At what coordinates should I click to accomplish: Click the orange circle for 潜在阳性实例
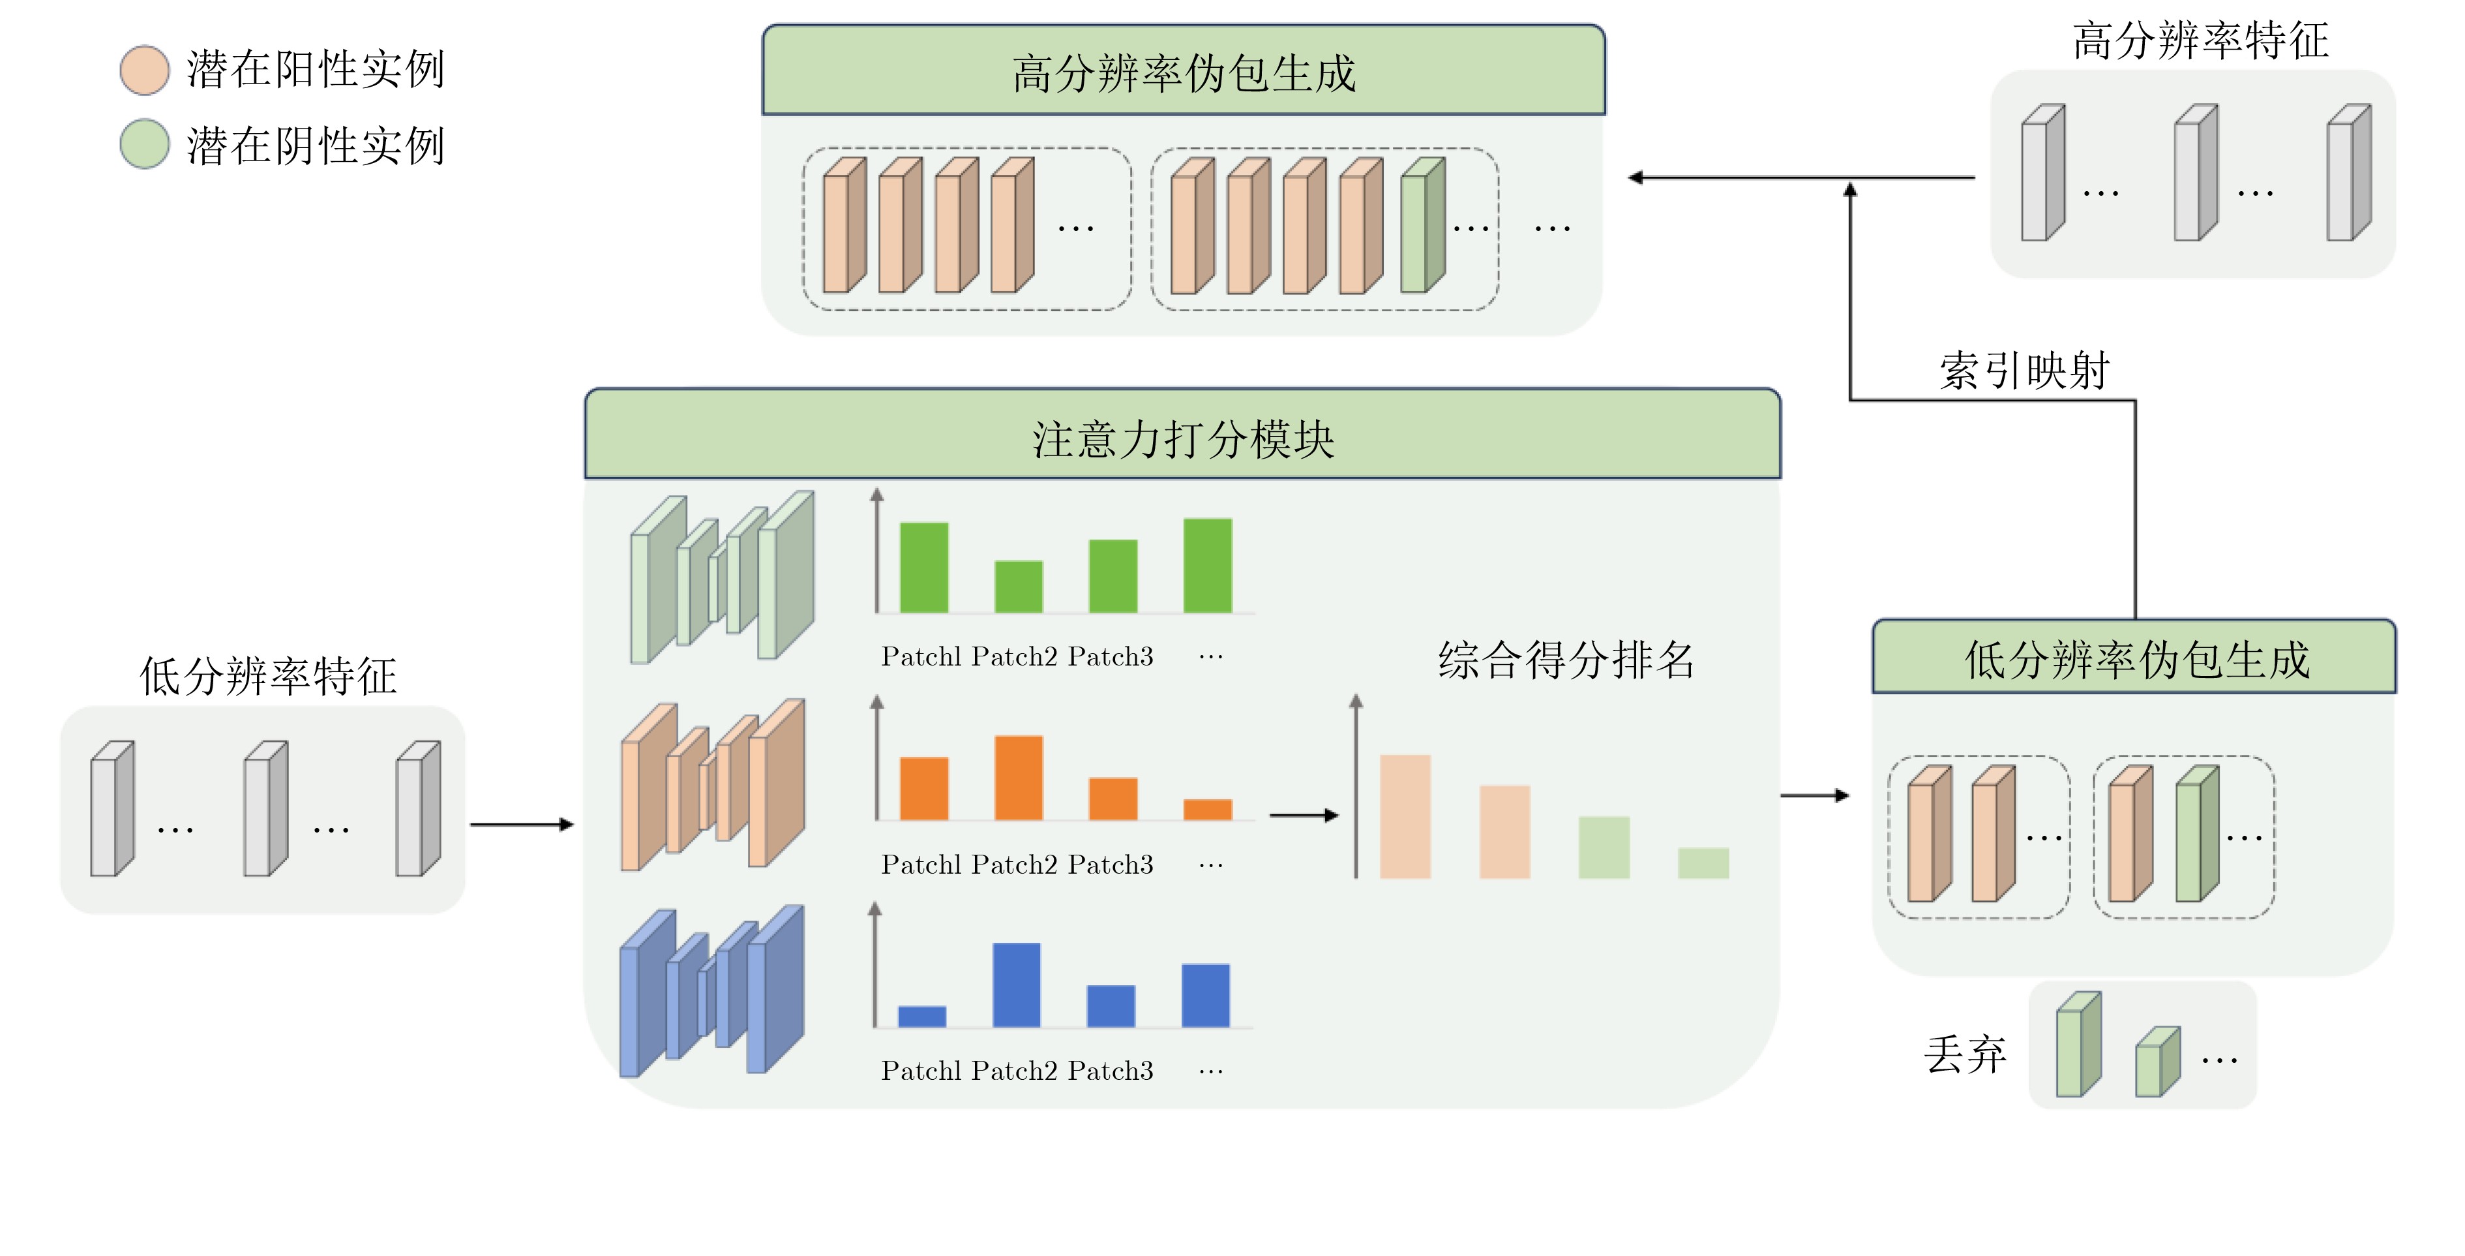(145, 70)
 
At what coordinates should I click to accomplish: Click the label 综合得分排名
(1566, 660)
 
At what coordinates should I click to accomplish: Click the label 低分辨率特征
(268, 676)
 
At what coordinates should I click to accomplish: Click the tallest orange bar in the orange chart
(1018, 777)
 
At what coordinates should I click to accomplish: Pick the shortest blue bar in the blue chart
(921, 1016)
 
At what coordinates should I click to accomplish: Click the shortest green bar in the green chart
(1018, 586)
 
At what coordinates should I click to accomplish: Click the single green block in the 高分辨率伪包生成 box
(1422, 226)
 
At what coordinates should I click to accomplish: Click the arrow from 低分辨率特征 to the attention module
(522, 824)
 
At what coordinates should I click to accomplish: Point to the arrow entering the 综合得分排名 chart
(1304, 815)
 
